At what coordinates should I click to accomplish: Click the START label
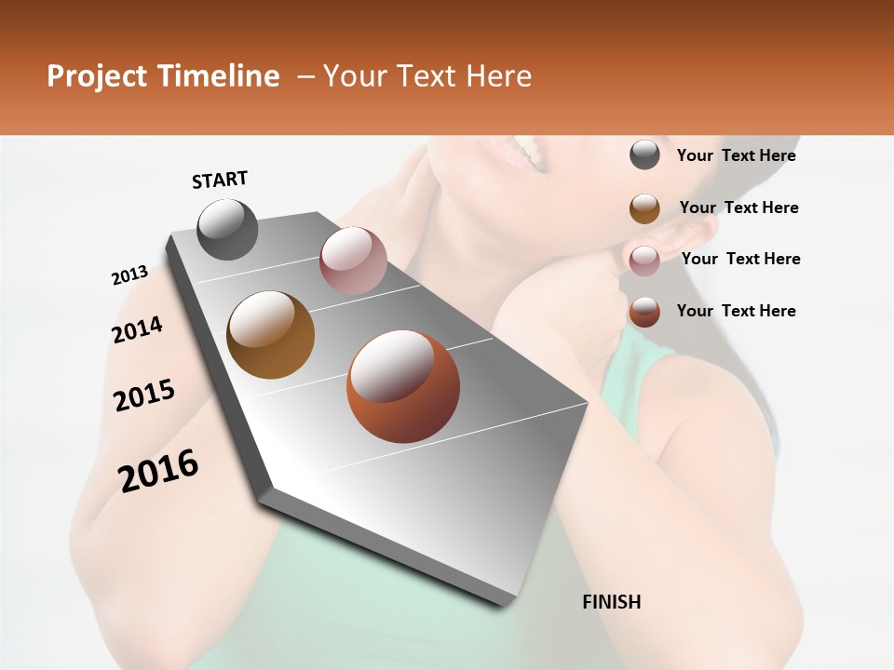220,180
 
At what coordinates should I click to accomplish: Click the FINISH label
612,602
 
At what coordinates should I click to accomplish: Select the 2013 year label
129,275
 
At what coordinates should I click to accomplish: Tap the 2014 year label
137,329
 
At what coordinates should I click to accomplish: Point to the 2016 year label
158,470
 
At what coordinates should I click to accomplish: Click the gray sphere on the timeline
227,229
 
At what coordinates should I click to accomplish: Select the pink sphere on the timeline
353,261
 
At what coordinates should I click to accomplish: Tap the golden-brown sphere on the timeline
271,335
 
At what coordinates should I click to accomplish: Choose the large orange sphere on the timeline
403,386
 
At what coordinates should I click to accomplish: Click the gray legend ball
644,155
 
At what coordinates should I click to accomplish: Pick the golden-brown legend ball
644,208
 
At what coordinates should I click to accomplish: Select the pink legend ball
644,260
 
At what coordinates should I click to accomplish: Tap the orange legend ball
644,312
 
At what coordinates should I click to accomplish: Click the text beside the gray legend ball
736,155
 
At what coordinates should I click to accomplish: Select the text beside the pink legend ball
740,259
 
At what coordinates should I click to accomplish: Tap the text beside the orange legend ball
736,311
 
